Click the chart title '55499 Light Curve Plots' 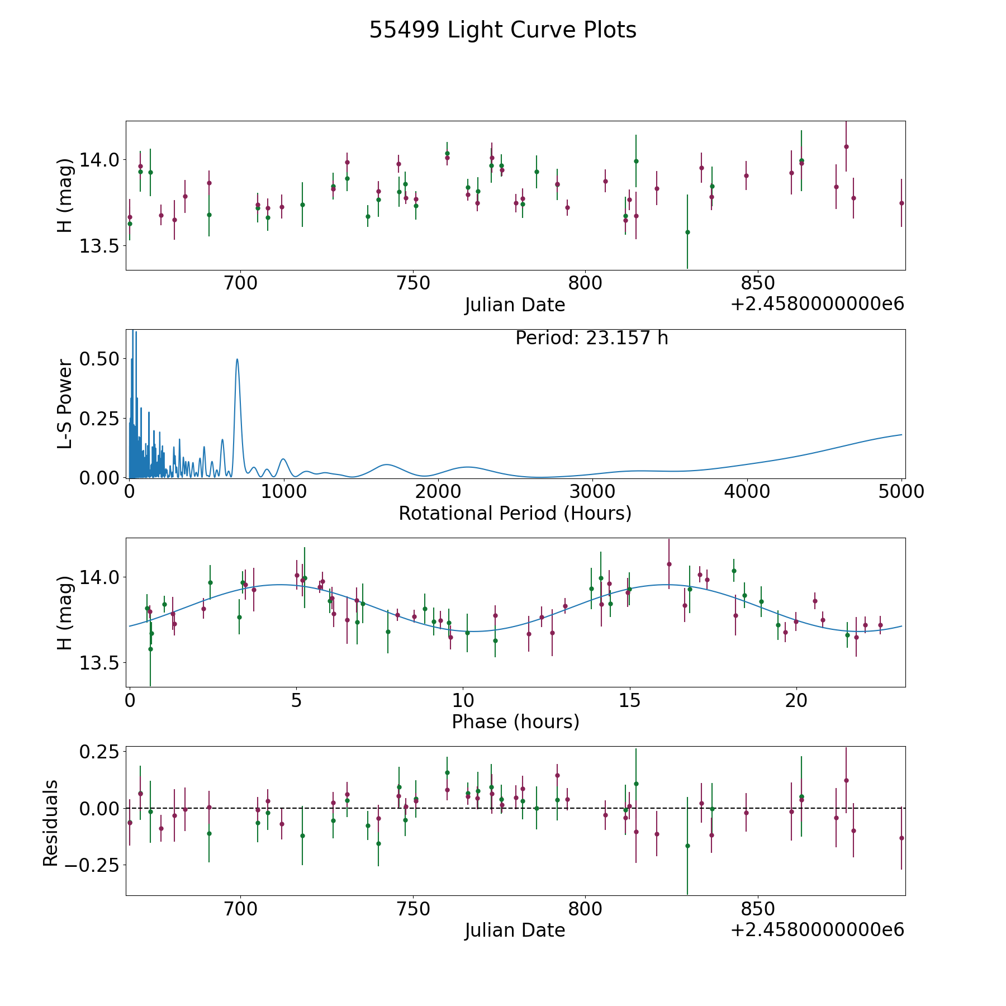click(x=502, y=30)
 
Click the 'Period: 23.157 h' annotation click(x=592, y=338)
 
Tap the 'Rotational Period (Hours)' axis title click(x=515, y=513)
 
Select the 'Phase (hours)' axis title click(x=515, y=722)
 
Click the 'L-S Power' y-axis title click(x=65, y=404)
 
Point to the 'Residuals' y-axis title click(x=51, y=823)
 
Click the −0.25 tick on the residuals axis click(x=92, y=865)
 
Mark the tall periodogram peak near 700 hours click(x=237, y=359)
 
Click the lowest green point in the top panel click(x=687, y=232)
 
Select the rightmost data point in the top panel click(x=901, y=203)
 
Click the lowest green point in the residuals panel click(x=687, y=846)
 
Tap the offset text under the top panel click(x=817, y=304)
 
